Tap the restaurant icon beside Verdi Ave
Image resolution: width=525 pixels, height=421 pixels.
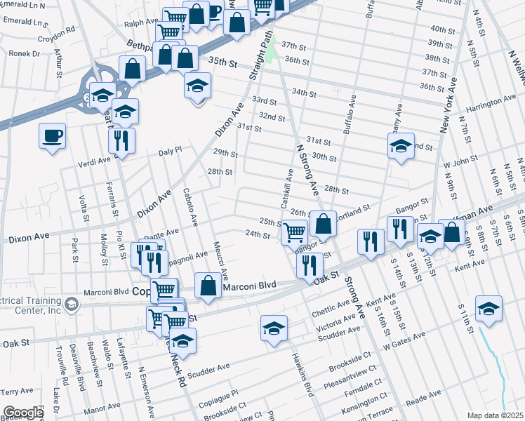tap(121, 140)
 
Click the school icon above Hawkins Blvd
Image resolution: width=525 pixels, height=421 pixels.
tap(274, 328)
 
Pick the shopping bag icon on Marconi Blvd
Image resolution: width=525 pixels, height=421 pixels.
tap(208, 286)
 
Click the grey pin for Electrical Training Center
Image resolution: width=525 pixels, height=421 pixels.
tap(71, 304)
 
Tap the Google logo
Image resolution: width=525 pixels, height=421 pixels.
tap(23, 413)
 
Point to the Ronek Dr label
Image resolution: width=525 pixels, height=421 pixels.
tap(25, 53)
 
